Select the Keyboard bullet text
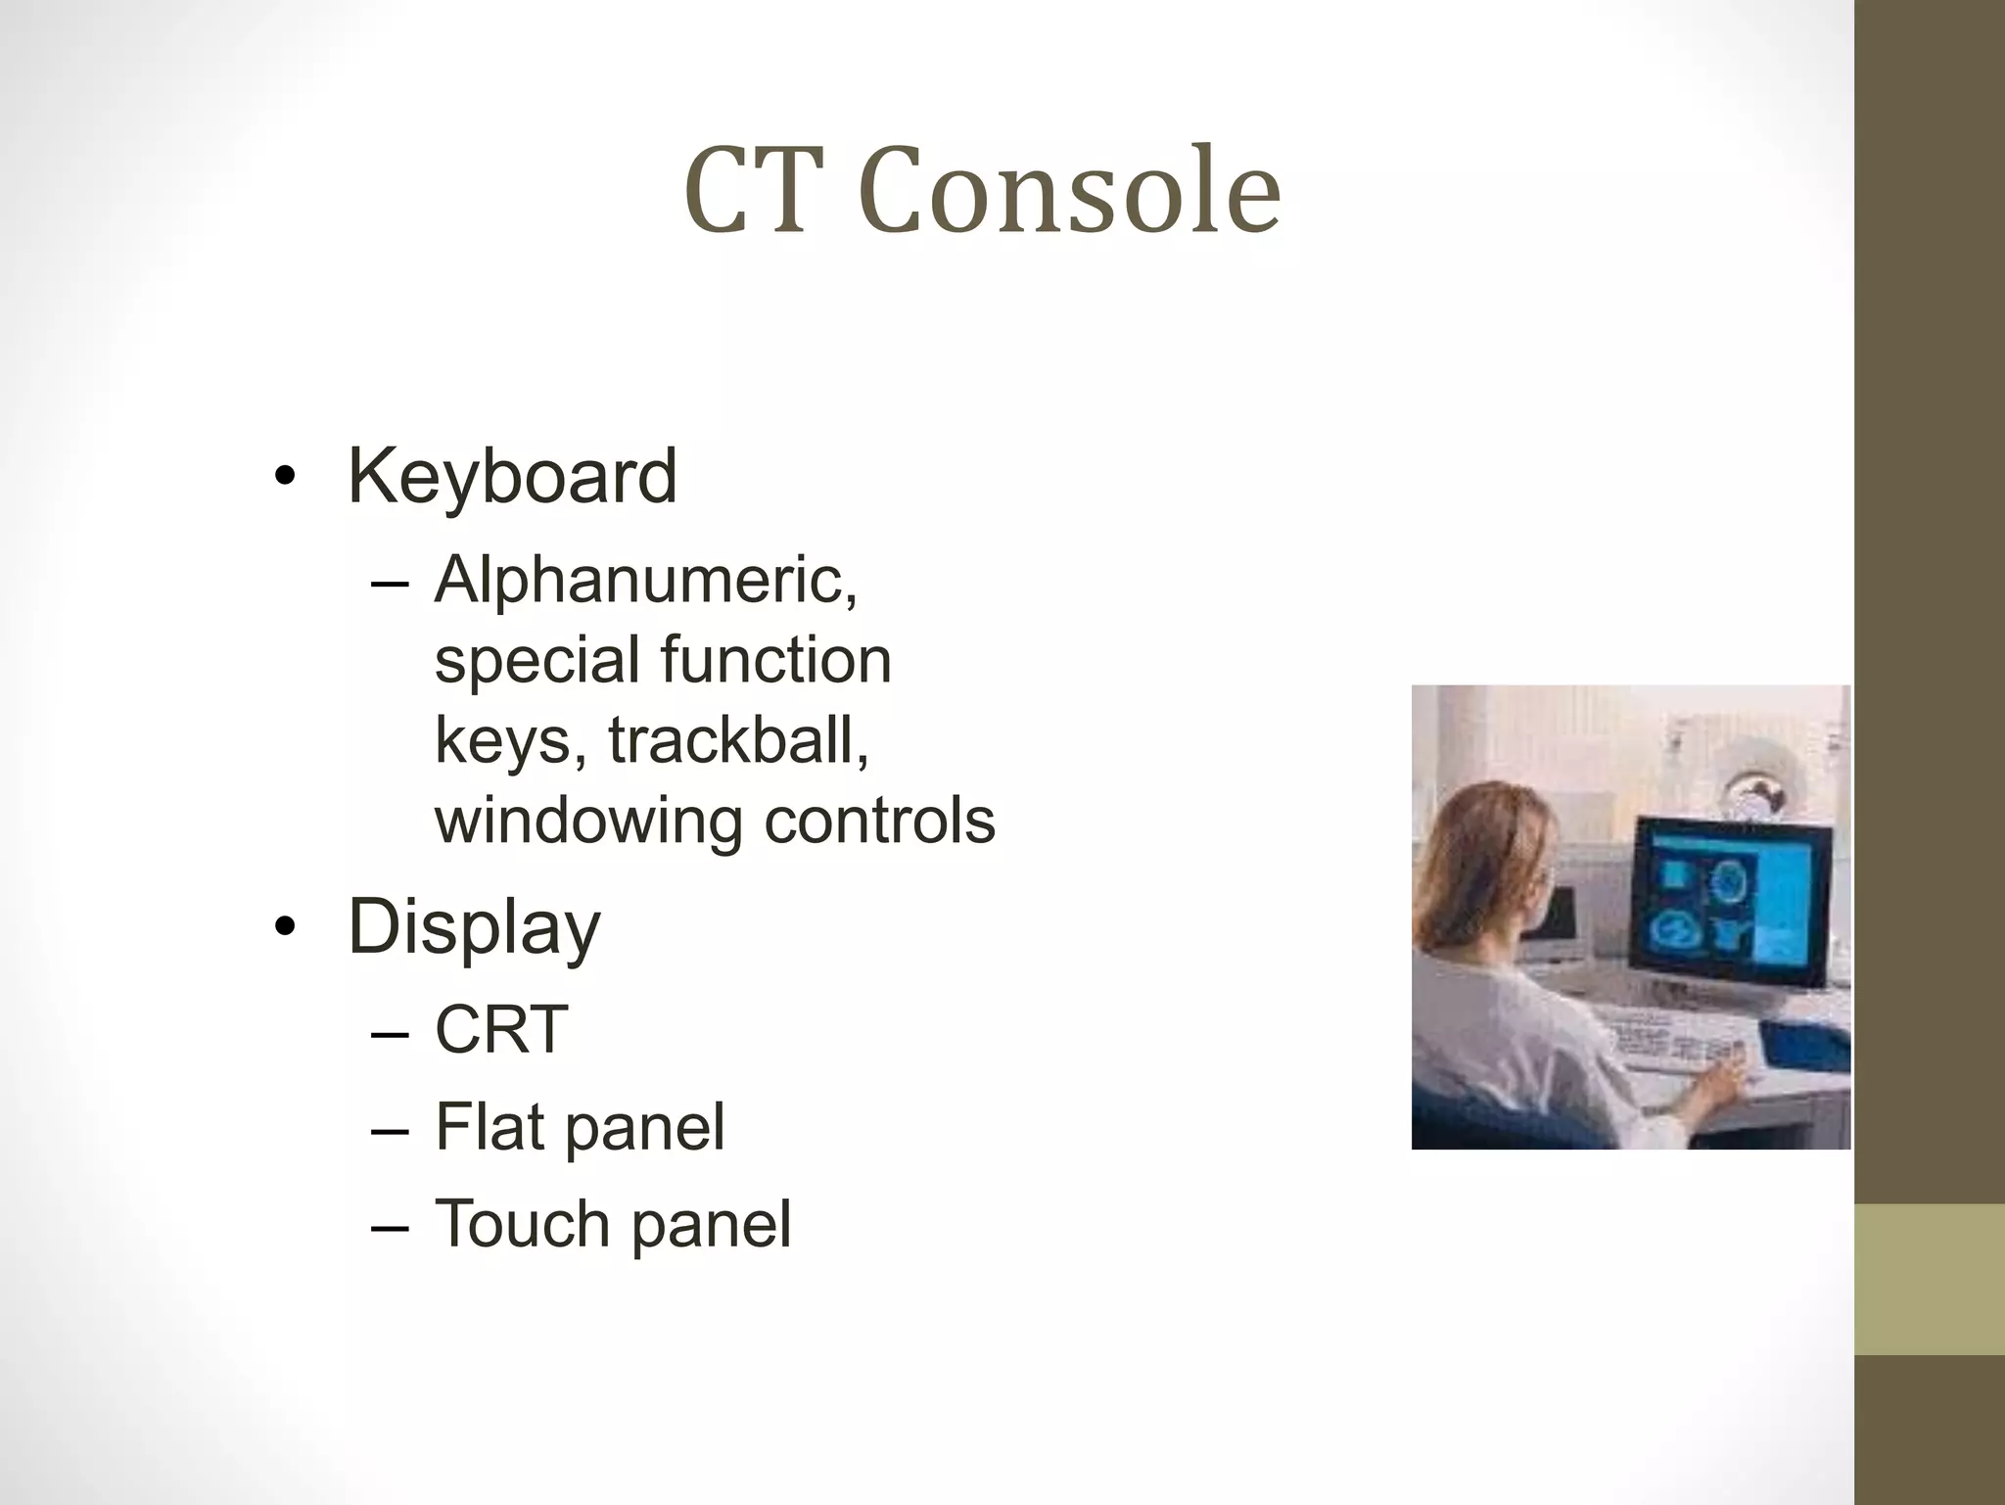[512, 477]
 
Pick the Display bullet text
[474, 927]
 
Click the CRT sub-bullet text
[501, 1030]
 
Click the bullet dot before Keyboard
[284, 477]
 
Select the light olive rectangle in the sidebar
[1929, 1279]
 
